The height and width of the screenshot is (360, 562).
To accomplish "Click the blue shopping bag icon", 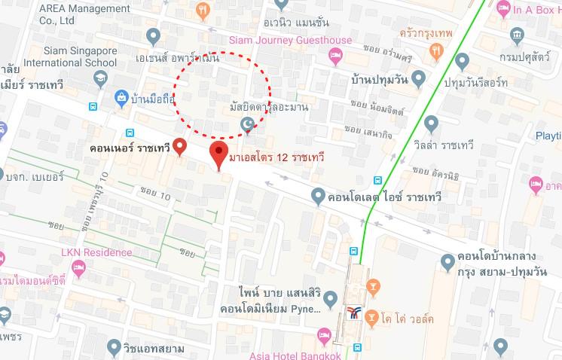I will pos(121,97).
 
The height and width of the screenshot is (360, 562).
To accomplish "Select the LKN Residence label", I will pos(97,252).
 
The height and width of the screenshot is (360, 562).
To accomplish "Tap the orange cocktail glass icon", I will pos(371,288).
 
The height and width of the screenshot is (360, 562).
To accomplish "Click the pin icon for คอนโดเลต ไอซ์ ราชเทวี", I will pos(318,197).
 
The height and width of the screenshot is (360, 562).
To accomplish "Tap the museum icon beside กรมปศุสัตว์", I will pos(517,35).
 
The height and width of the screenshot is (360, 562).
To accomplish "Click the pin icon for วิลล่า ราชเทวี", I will pos(431,124).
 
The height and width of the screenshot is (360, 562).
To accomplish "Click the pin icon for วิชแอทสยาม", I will pos(114,347).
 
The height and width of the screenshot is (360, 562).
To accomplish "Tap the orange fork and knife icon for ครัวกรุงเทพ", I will pos(435,50).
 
